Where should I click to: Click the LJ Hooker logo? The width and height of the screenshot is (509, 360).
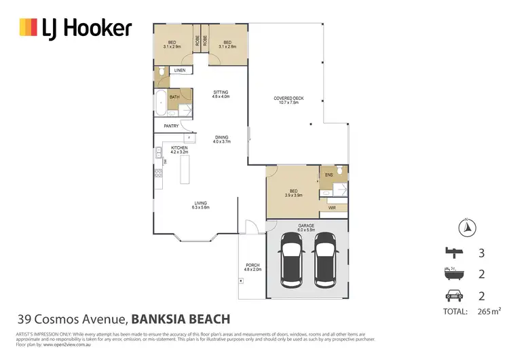click(75, 28)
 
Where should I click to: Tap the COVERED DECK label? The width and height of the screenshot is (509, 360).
click(288, 98)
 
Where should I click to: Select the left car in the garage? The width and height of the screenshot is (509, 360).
click(290, 258)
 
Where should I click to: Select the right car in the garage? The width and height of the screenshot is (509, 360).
click(324, 258)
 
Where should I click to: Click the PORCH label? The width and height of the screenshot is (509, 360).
click(252, 266)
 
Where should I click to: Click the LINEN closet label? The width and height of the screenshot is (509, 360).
click(180, 71)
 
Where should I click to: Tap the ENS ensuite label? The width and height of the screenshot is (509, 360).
click(328, 175)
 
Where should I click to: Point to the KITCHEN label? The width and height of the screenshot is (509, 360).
click(178, 148)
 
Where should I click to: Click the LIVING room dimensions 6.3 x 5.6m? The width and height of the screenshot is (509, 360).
click(201, 206)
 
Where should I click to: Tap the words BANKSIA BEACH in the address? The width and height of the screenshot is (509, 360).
click(180, 319)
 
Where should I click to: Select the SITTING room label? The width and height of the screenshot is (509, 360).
click(221, 92)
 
